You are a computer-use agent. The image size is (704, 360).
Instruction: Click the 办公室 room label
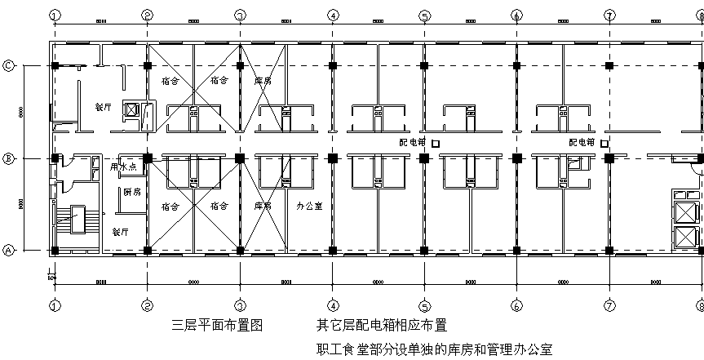pyautogui.click(x=309, y=206)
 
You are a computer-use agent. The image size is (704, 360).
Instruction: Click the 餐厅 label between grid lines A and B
pyautogui.click(x=121, y=231)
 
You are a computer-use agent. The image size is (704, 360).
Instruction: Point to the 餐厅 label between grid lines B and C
pyautogui.click(x=103, y=106)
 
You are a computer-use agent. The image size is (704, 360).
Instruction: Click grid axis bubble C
pyautogui.click(x=8, y=66)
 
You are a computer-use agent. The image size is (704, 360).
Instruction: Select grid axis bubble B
pyautogui.click(x=8, y=158)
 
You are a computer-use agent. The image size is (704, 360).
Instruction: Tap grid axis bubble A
pyautogui.click(x=8, y=251)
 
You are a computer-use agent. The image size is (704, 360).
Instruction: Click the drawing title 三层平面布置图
pyautogui.click(x=217, y=325)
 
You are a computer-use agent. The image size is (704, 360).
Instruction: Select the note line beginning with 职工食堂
pyautogui.click(x=435, y=349)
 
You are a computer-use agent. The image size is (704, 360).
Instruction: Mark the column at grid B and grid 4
pyautogui.click(x=332, y=158)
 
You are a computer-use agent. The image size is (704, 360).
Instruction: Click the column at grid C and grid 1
pyautogui.click(x=54, y=65)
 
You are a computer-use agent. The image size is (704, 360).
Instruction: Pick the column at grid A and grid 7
pyautogui.click(x=609, y=251)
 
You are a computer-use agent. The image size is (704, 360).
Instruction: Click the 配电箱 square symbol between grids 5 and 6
pyautogui.click(x=436, y=144)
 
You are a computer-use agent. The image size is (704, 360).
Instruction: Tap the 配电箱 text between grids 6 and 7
pyautogui.click(x=582, y=142)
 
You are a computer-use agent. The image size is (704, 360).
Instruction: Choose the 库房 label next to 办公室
pyautogui.click(x=263, y=206)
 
